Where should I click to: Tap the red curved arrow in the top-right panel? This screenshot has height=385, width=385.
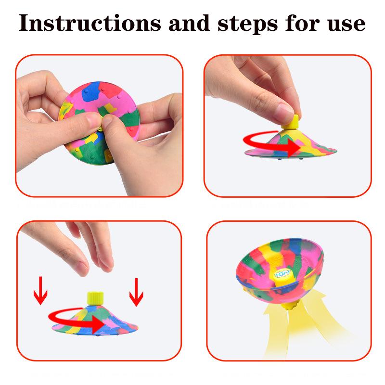(x=267, y=142)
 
